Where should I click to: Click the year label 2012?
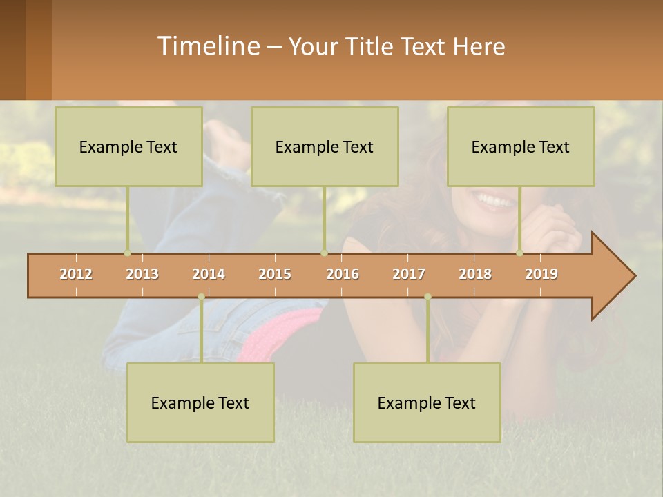tap(76, 274)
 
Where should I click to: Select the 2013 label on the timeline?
tap(142, 274)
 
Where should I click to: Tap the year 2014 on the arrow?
tap(209, 274)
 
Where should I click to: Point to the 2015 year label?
tap(275, 274)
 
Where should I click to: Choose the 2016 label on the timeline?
tap(343, 274)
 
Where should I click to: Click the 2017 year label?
tap(409, 274)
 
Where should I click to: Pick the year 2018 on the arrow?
tap(475, 274)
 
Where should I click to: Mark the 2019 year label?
tap(541, 274)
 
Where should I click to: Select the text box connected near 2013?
tap(128, 146)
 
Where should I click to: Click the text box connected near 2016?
tap(325, 146)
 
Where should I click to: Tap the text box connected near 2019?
tap(521, 146)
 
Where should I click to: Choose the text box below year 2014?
tap(200, 402)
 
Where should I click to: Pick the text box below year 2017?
tap(427, 402)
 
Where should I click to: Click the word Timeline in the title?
tap(208, 46)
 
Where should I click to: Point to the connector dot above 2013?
tap(127, 253)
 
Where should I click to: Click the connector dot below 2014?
tap(201, 297)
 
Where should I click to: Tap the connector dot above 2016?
tap(324, 253)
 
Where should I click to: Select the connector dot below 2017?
tap(427, 297)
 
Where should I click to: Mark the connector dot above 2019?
tap(519, 253)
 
